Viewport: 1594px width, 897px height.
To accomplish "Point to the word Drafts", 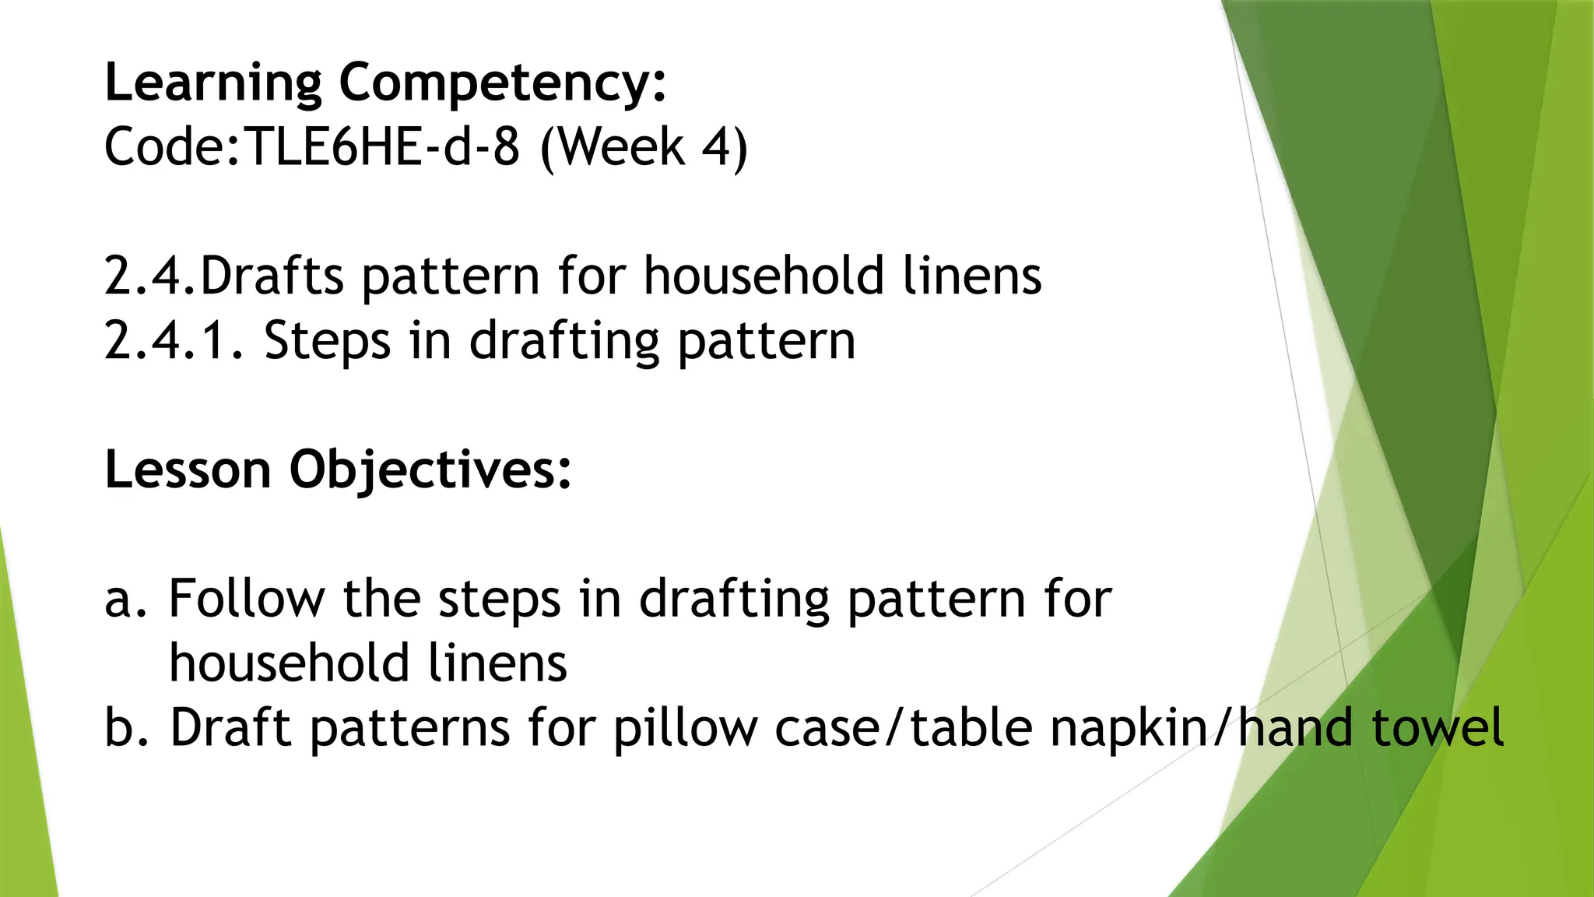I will coord(272,276).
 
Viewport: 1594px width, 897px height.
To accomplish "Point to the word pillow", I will coord(685,729).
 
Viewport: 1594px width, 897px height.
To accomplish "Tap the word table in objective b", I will coord(971,727).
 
